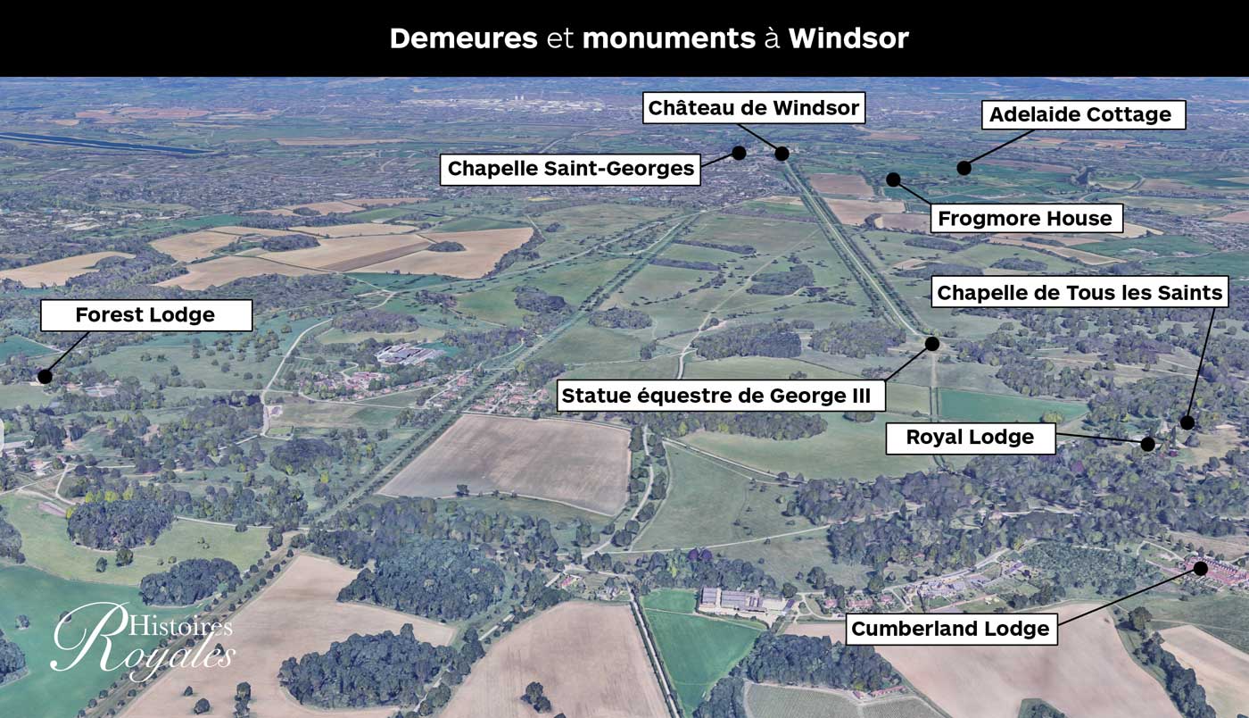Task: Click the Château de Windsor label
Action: pos(753,109)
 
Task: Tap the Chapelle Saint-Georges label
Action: pos(570,169)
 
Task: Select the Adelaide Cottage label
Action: pos(1083,114)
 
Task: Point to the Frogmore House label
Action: pos(1024,218)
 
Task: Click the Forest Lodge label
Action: pos(146,315)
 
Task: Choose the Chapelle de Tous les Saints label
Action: pos(1079,292)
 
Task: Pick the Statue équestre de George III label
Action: pos(721,395)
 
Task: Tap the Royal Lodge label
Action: pos(970,438)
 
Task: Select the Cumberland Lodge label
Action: pos(949,629)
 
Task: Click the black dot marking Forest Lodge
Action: pos(45,376)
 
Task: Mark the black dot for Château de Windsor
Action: pos(782,154)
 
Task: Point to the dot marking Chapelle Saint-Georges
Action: pos(739,153)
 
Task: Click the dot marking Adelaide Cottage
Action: pos(964,167)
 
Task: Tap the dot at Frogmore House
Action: pos(893,179)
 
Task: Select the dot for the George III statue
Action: pos(932,344)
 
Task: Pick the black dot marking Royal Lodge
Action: pos(1148,444)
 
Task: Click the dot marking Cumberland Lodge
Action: pos(1201,568)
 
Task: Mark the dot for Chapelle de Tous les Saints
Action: pos(1187,422)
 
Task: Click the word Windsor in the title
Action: pos(848,38)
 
